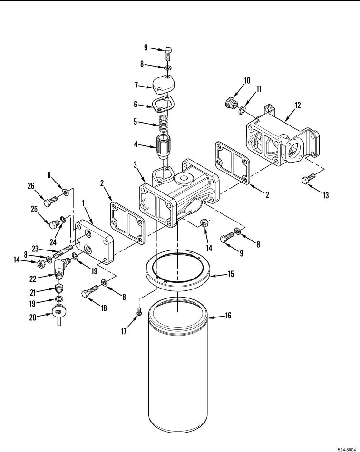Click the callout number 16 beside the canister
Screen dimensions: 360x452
[228, 316]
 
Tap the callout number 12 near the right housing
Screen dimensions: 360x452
[297, 105]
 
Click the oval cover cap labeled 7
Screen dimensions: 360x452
[163, 86]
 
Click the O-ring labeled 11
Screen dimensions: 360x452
[243, 109]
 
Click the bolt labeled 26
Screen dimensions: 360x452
[51, 201]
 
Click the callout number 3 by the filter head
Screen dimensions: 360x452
[135, 164]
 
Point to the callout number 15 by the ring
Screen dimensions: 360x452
[231, 274]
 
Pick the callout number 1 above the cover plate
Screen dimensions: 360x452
[83, 203]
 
